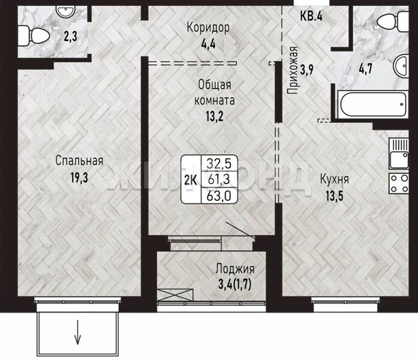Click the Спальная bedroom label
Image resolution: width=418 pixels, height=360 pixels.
(79, 161)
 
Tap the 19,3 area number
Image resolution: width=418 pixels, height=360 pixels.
(79, 178)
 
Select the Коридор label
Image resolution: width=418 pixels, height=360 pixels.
(208, 27)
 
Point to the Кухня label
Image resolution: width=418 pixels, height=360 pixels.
(334, 179)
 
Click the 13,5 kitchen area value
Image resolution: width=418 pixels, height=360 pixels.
(334, 196)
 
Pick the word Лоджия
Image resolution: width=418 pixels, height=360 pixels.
(235, 269)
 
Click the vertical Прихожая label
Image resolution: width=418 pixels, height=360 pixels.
(293, 70)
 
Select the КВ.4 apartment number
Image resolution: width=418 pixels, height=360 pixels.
(311, 16)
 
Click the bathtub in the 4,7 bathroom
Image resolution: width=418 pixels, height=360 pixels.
(372, 104)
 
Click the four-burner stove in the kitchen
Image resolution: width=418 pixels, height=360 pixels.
(399, 184)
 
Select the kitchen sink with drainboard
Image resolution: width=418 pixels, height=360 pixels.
(399, 154)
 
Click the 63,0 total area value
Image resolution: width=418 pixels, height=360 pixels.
(219, 196)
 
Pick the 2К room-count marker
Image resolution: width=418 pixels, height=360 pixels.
(191, 180)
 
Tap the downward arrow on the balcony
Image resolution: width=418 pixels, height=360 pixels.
(77, 332)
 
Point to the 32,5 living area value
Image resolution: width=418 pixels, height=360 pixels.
(219, 163)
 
